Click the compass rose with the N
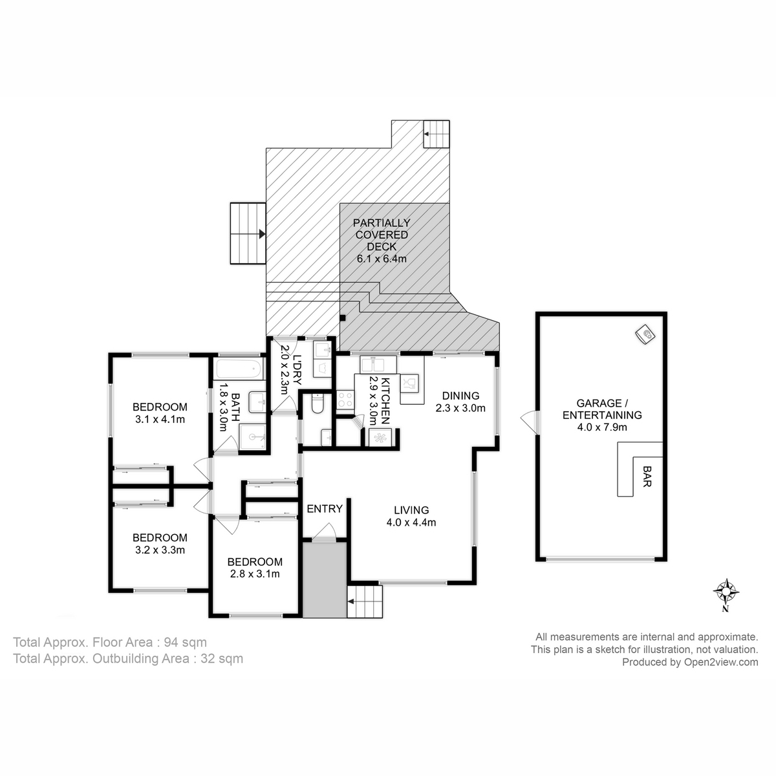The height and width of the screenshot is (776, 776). click(x=727, y=592)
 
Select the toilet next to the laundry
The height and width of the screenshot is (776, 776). click(x=318, y=404)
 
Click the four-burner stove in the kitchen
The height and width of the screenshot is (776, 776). click(x=344, y=400)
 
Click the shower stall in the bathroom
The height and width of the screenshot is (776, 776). click(x=253, y=436)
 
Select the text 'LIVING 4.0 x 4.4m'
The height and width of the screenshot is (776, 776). click(x=407, y=516)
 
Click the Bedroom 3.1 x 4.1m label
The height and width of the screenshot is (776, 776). click(x=160, y=413)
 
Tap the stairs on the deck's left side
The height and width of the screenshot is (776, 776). click(x=248, y=233)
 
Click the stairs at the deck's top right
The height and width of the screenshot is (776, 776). click(x=436, y=135)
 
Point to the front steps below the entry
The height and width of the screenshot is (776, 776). click(x=365, y=603)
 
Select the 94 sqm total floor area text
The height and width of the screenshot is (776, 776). click(x=110, y=642)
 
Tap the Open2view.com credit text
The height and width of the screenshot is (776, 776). click(x=689, y=662)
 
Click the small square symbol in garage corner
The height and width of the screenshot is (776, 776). click(x=645, y=334)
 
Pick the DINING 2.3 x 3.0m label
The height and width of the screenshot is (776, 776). click(x=460, y=402)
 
